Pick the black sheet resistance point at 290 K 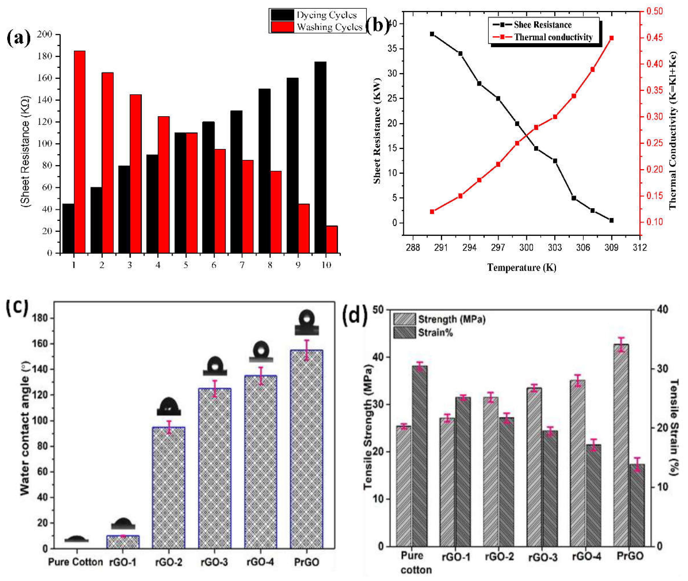pyautogui.click(x=432, y=34)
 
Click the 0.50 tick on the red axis pyautogui.click(x=654, y=11)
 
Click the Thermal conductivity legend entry pyautogui.click(x=553, y=37)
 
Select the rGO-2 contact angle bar pyautogui.click(x=169, y=488)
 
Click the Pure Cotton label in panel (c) pyautogui.click(x=76, y=562)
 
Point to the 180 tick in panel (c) pyautogui.click(x=40, y=318)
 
